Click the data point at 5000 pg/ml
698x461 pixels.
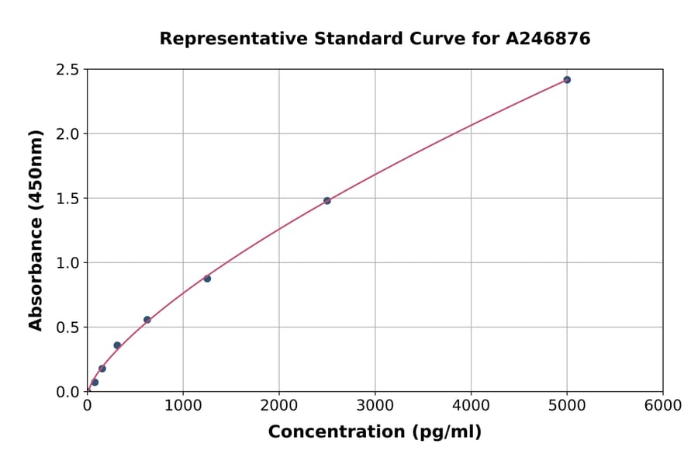567,80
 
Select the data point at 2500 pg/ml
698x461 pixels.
327,200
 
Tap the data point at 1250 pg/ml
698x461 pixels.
207,279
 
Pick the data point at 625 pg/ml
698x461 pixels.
147,320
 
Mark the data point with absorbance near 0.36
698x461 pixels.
117,345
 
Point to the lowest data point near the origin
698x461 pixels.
95,382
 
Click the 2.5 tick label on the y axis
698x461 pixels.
68,70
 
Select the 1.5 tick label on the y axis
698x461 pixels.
68,199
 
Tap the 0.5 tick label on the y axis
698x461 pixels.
68,328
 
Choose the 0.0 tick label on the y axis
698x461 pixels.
68,392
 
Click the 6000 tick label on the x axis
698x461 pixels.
662,406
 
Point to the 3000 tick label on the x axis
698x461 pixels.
375,406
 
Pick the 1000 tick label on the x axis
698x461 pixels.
183,406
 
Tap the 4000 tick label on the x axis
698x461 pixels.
471,406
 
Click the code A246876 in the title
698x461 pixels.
549,39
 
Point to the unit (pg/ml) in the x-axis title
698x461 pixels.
444,432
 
